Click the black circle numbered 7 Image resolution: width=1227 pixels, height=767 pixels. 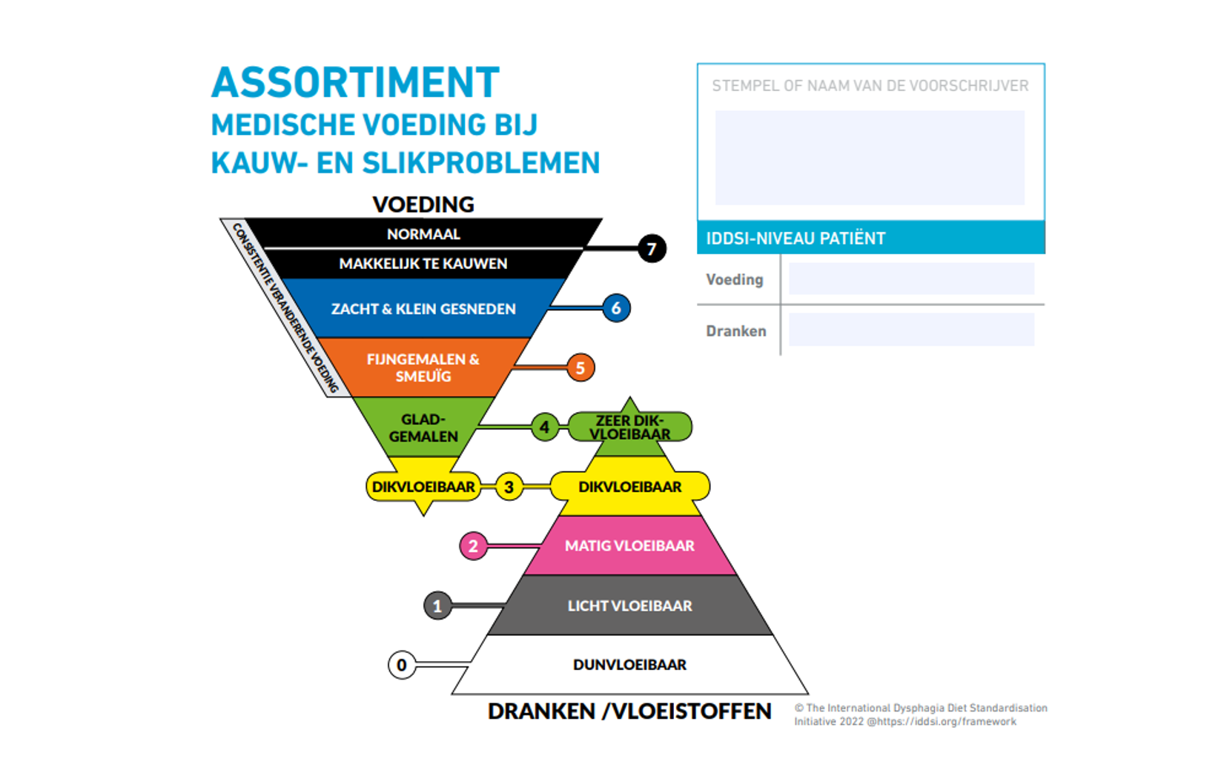tap(652, 248)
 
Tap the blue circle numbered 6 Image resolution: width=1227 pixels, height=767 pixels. tap(616, 308)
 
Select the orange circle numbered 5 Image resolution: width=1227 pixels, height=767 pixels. tap(581, 368)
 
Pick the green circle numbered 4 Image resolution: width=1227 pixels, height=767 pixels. tap(544, 427)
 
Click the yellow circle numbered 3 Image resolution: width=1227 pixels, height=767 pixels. tap(509, 487)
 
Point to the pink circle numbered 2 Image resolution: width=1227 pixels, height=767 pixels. tap(473, 546)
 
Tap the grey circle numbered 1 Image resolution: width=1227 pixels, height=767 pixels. tap(437, 605)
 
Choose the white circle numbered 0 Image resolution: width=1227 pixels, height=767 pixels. tap(402, 665)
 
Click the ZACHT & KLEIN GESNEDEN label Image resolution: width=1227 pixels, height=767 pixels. tap(423, 309)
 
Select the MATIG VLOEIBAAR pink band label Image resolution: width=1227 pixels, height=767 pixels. tap(629, 546)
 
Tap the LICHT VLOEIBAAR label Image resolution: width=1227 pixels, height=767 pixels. tap(629, 605)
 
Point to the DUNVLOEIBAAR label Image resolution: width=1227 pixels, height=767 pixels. tap(629, 665)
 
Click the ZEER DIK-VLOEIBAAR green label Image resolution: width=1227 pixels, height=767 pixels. tap(629, 427)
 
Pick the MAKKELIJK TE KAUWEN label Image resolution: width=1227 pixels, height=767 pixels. tap(423, 264)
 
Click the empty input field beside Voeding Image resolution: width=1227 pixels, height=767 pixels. tap(910, 279)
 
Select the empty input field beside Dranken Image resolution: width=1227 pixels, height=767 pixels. tap(910, 330)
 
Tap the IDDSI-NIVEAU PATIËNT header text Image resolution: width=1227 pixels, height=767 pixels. tap(796, 239)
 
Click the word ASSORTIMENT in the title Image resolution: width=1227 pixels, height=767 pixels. tap(355, 82)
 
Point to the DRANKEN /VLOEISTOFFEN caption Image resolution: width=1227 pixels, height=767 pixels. tap(629, 711)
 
